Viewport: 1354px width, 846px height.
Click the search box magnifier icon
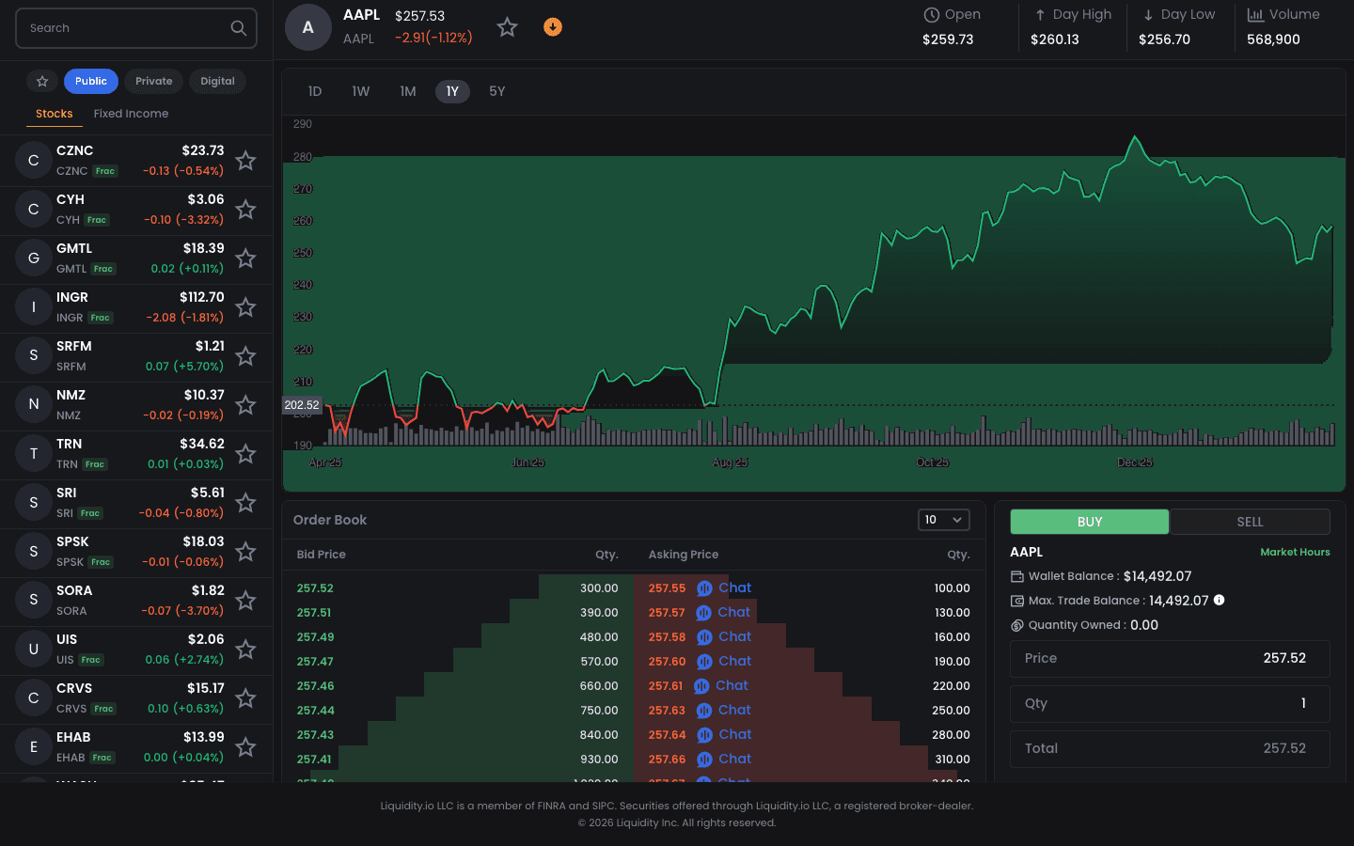coord(238,28)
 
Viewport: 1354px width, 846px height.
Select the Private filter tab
coord(153,81)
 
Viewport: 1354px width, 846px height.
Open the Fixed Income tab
coord(131,114)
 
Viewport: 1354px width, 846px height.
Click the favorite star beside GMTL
coord(245,258)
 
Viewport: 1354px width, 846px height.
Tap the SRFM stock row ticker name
coord(74,346)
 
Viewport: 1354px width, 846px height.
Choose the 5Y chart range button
coord(496,91)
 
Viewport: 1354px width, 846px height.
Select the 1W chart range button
coord(360,91)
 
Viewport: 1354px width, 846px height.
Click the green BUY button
coord(1089,522)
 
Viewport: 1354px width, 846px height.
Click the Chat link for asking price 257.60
coord(734,661)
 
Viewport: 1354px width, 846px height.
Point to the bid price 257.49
coord(315,636)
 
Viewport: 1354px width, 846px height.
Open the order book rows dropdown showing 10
coord(943,520)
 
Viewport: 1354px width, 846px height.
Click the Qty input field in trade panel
coord(1170,703)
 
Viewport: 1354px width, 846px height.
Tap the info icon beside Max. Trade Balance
coord(1219,600)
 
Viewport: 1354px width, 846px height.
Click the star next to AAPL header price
coord(507,27)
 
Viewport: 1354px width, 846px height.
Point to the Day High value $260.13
coord(1054,39)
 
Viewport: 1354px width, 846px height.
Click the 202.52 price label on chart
coord(302,405)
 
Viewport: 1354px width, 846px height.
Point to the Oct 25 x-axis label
coord(932,462)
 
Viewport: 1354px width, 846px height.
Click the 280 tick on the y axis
coord(303,157)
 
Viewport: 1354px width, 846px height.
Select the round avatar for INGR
coord(34,307)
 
